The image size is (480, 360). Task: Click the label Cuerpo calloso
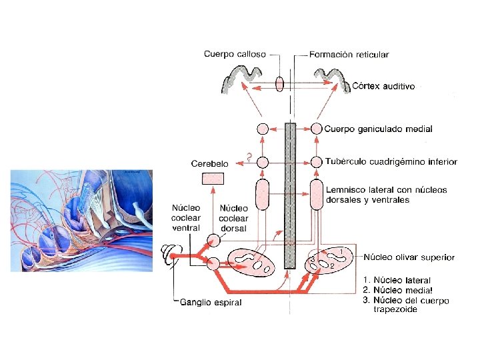point(235,54)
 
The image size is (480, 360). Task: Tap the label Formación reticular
point(349,54)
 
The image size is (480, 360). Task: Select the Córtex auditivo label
point(383,86)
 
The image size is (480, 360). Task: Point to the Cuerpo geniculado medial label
point(379,129)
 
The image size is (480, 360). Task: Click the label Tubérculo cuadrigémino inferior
point(391,161)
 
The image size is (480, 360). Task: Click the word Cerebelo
point(210,163)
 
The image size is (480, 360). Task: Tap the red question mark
point(248,158)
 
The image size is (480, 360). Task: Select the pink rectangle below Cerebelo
point(213,178)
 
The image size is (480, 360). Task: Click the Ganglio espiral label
point(211,303)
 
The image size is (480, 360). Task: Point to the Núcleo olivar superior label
point(409,257)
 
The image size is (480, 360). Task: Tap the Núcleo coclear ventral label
point(186,218)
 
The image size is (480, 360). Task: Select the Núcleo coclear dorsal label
point(233,218)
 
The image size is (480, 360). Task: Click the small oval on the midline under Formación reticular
point(279,84)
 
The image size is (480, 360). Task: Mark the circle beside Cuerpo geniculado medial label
point(316,129)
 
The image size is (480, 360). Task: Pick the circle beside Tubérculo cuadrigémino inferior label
point(316,161)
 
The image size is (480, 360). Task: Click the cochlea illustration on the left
point(80,220)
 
